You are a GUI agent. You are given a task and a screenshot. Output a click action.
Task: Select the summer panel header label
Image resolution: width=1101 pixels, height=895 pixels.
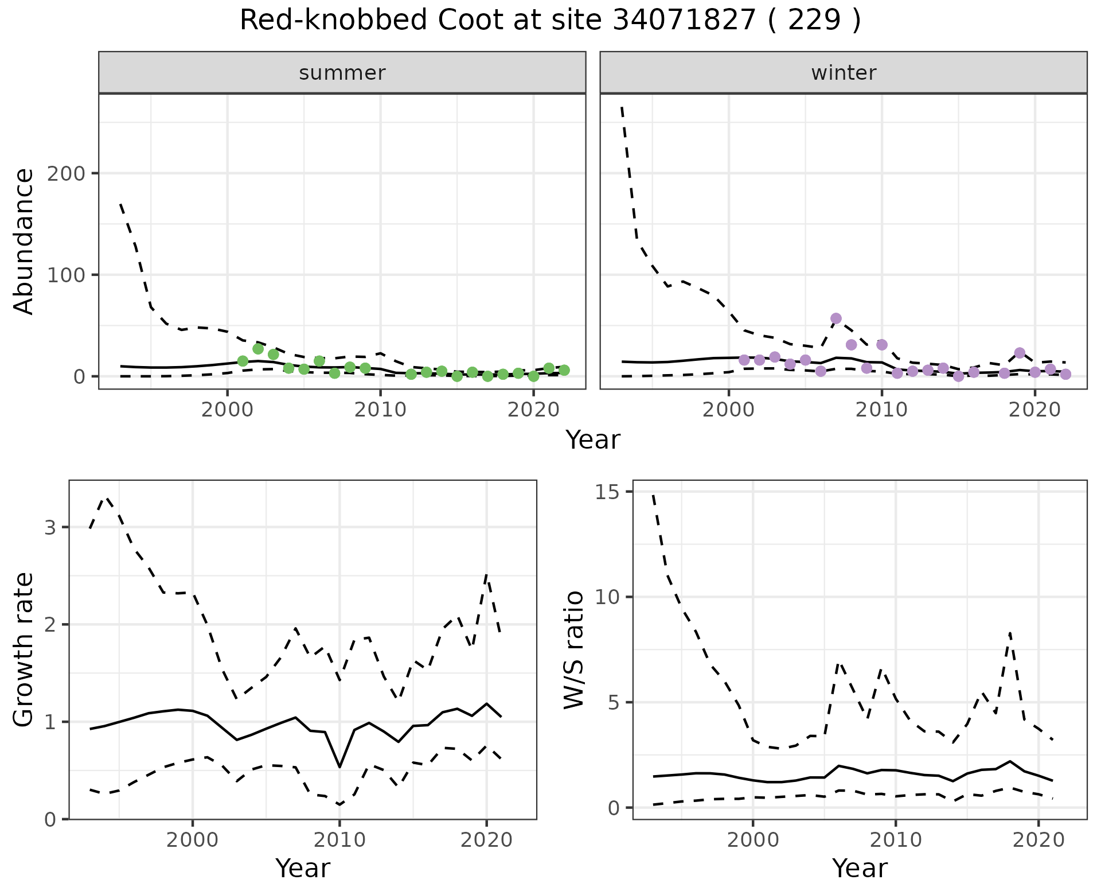pos(342,73)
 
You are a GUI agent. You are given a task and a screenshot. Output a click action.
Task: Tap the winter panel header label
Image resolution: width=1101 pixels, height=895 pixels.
pos(844,73)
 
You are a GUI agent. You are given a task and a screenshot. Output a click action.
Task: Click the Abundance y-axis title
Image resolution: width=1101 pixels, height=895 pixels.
pos(24,242)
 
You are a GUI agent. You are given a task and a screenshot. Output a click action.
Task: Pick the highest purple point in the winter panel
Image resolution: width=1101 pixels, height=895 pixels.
pos(835,318)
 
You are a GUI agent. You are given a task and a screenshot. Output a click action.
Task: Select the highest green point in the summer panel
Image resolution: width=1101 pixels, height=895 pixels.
pos(258,349)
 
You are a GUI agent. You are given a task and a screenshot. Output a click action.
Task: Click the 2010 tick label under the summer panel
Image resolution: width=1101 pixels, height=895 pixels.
pos(380,410)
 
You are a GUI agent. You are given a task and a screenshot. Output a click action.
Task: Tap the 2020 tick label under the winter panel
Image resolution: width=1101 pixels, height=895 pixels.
pos(1034,410)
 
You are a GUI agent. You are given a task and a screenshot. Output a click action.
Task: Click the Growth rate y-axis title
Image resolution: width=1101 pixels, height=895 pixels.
pos(24,650)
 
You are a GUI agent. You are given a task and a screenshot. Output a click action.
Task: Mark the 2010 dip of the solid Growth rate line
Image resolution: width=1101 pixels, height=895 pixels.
pos(339,766)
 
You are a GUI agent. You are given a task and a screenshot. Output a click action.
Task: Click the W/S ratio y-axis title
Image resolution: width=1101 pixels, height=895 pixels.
pos(573,650)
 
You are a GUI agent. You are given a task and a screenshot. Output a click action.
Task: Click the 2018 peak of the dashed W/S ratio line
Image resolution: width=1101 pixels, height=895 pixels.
pos(1010,632)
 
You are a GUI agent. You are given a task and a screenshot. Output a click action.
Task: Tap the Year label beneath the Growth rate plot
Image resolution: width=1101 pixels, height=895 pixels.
pos(303,868)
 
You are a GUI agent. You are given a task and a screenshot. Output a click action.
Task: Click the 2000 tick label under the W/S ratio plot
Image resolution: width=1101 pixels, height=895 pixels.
pos(752,840)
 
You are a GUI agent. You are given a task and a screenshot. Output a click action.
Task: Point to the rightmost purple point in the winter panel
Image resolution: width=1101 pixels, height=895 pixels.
pos(1065,374)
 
